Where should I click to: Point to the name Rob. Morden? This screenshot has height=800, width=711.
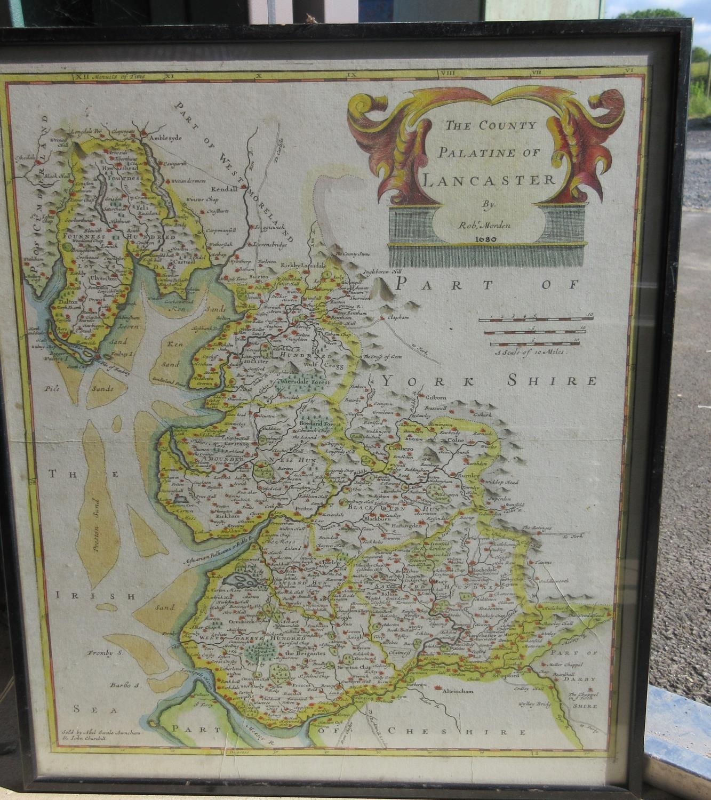click(490, 225)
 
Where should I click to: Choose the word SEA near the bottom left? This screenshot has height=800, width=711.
click(85, 708)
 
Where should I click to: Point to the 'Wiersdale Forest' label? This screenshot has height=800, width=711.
click(305, 382)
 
